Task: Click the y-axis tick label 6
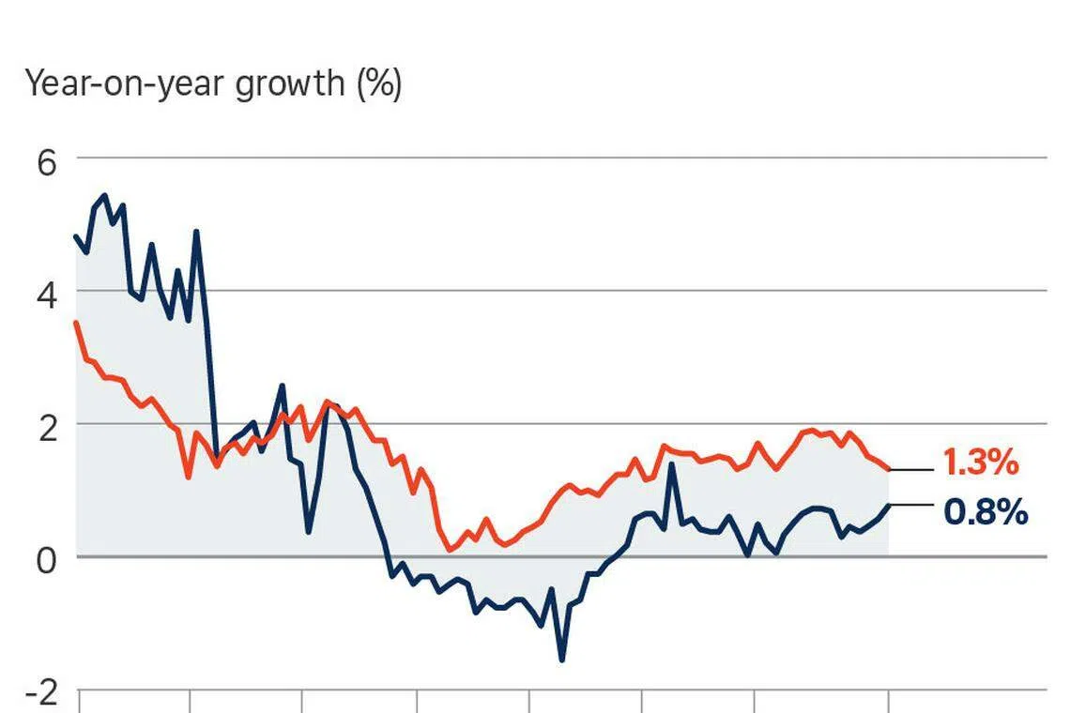point(46,162)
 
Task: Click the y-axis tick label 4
point(46,294)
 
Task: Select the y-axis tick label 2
point(46,426)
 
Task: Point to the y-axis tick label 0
point(46,558)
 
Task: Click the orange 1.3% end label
point(980,463)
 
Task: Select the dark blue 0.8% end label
point(985,512)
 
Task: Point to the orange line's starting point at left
point(76,323)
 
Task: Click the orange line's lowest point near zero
point(449,550)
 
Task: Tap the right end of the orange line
point(888,469)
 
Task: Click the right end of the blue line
point(888,505)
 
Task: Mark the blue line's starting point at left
point(76,235)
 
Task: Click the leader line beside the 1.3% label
point(910,469)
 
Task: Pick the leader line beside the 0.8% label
point(910,505)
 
